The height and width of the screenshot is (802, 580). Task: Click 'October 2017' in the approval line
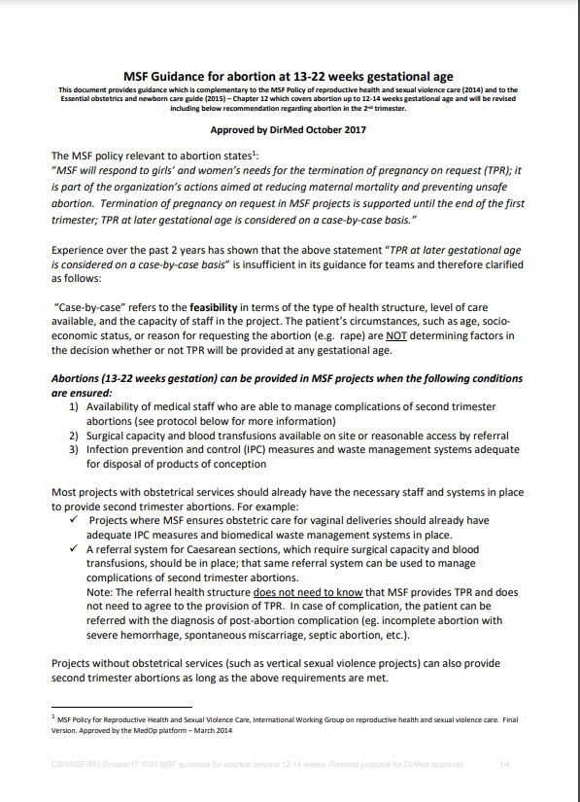pyautogui.click(x=334, y=129)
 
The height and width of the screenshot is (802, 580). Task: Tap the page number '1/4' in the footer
pyautogui.click(x=504, y=766)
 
